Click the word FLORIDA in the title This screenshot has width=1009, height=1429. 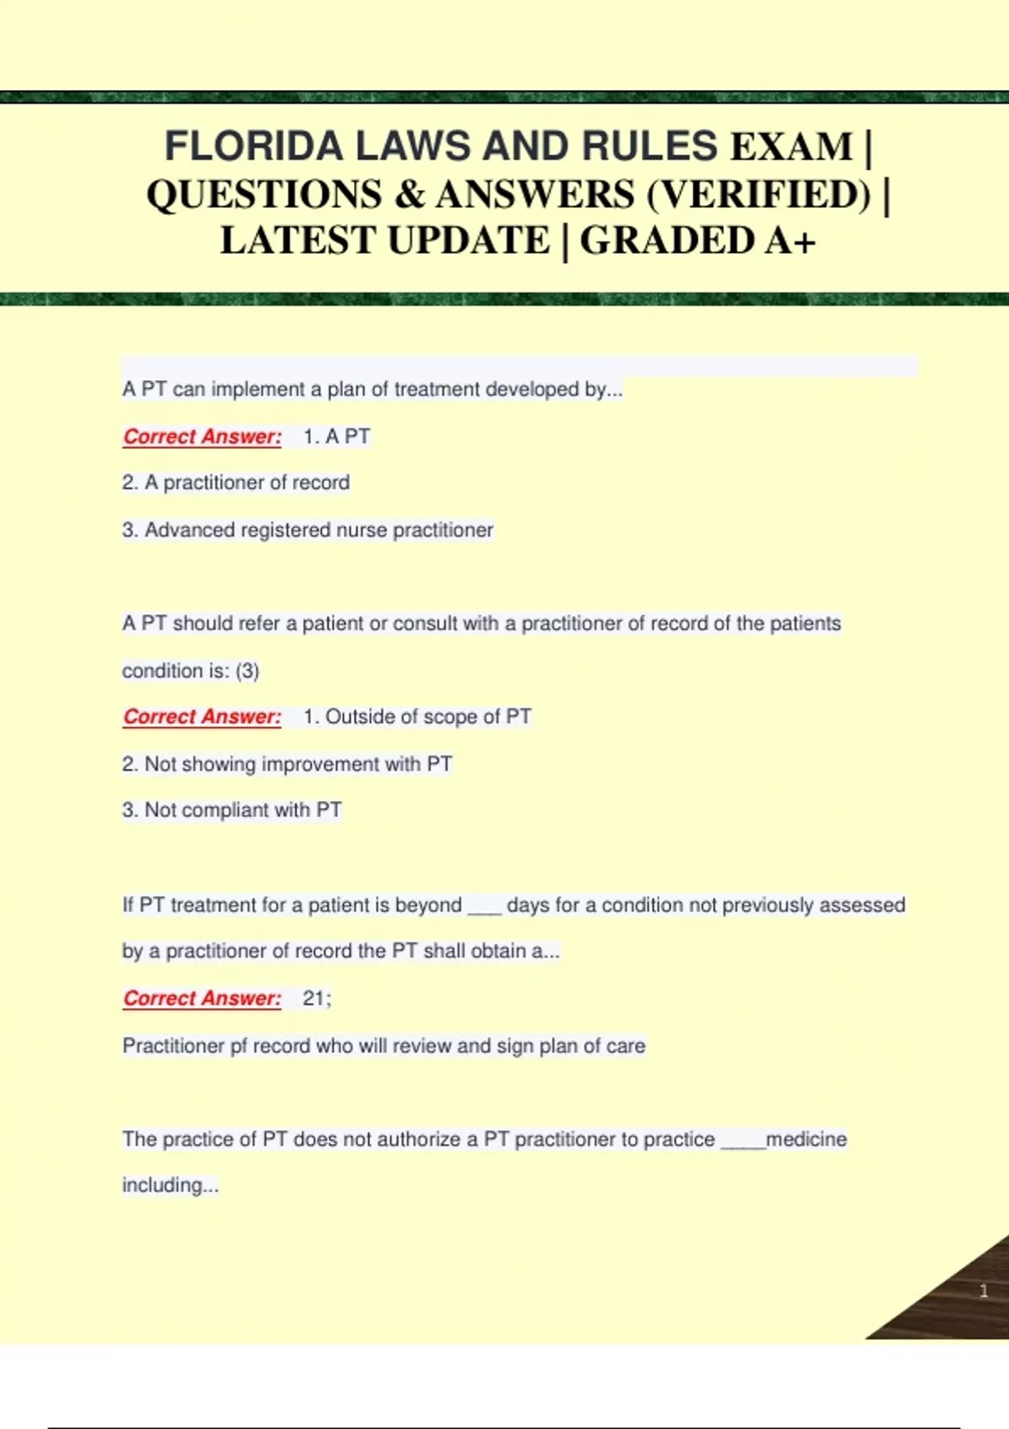coord(255,146)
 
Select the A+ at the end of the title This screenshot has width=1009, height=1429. coord(790,240)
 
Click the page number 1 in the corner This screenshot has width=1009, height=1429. coord(983,1291)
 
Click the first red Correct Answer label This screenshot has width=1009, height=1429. coord(202,436)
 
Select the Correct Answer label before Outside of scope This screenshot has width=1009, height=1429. coord(202,716)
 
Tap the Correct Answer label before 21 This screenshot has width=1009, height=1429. coord(202,998)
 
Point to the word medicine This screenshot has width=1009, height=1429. coord(806,1139)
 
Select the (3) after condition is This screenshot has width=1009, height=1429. coord(247,671)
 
